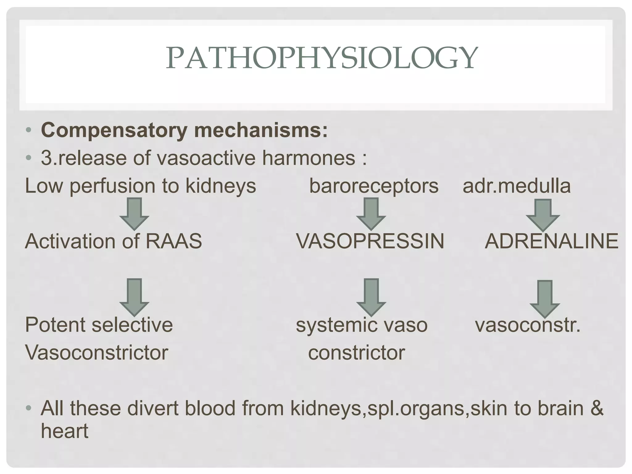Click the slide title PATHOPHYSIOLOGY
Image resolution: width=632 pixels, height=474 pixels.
pos(322,58)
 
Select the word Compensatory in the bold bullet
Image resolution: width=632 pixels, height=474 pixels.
pos(114,130)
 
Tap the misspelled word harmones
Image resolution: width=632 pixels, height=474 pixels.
pos(309,158)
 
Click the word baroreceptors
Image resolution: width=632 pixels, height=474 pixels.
pos(373,186)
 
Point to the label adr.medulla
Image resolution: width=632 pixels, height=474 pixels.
pos(517,186)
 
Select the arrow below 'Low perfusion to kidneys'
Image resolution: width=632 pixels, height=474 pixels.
pos(134,214)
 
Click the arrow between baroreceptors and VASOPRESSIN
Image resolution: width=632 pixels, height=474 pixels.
pos(371,214)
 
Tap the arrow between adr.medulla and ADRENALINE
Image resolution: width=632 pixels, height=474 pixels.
pos(543,215)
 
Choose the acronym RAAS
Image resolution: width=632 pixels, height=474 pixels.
pos(174,241)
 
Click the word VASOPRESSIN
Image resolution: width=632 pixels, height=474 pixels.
pos(370,241)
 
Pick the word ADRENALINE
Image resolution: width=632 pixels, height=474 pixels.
pos(551,241)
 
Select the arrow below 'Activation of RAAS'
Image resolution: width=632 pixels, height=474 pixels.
pos(134,297)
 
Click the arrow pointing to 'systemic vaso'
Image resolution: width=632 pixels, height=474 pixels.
pos(371,297)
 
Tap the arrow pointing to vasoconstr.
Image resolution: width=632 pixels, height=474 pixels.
pos(545,298)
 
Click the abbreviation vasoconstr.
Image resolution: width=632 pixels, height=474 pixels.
pos(527,325)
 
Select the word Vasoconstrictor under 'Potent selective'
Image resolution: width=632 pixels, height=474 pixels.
pos(97,352)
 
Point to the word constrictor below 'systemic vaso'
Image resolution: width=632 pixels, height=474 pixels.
pos(356,352)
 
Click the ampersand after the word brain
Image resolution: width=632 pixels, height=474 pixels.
pos(597,408)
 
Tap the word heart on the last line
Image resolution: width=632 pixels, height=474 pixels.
pos(64,431)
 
